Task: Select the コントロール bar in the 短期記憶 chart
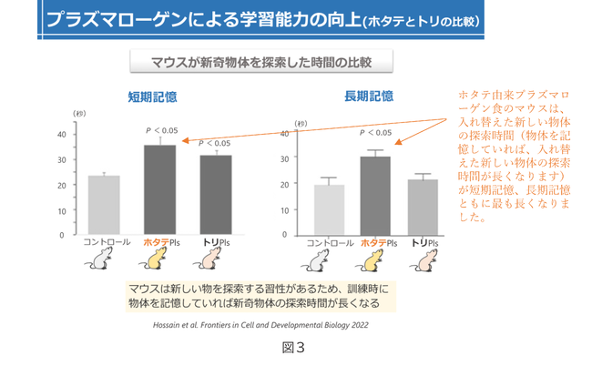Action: point(103,205)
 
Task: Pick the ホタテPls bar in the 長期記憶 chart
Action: point(374,196)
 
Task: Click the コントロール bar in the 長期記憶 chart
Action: point(330,209)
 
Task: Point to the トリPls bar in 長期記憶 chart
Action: point(422,207)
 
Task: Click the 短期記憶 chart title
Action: point(153,97)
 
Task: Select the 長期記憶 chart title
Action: point(368,97)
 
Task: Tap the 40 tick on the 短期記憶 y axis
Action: point(61,134)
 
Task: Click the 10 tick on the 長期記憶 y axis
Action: point(284,209)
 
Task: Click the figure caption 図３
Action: point(292,347)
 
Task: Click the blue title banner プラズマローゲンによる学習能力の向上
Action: point(264,17)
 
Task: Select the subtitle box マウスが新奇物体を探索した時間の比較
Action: point(260,62)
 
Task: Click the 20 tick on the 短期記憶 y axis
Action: point(61,185)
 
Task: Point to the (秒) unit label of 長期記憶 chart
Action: point(301,123)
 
